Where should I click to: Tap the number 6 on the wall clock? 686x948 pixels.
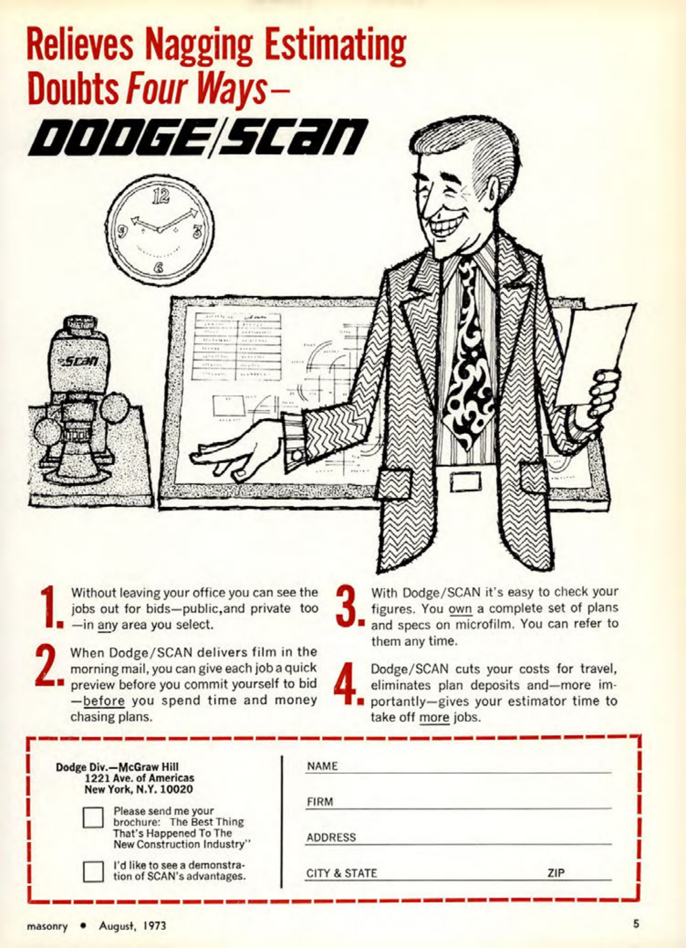coord(158,266)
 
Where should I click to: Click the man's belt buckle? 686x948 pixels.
coord(465,482)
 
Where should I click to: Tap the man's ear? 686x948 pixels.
coord(494,192)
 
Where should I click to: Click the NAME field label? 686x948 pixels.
coord(322,766)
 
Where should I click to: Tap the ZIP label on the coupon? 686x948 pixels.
coord(556,873)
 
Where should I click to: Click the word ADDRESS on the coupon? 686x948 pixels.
coord(331,837)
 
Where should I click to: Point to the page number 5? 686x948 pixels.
coord(635,923)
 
